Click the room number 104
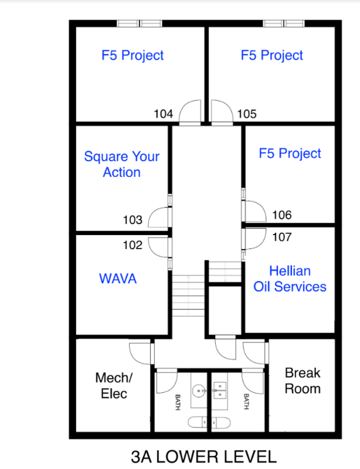coord(164,114)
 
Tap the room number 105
coord(247,114)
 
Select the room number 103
coord(133,220)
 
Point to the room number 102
coord(133,245)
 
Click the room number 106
coord(282,215)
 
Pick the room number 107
coord(282,237)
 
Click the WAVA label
coord(118,278)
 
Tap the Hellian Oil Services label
coord(290,278)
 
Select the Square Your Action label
coord(121,164)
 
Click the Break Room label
coord(303,380)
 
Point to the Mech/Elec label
coord(114,386)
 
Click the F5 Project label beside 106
coord(290,154)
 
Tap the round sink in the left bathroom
coord(198,391)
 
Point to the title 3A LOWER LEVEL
coord(204,457)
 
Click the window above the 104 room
coord(139,23)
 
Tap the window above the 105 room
coord(284,23)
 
